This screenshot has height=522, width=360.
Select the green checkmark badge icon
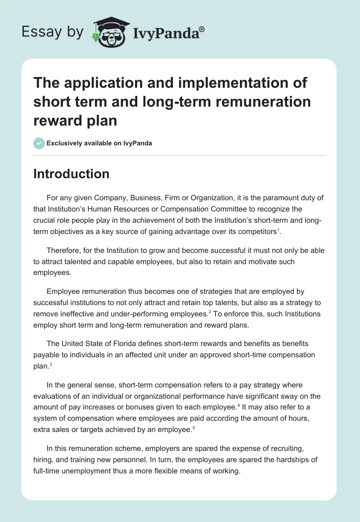coord(39,143)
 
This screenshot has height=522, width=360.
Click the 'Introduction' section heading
coord(71,174)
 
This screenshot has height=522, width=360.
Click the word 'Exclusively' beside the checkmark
coord(63,144)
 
